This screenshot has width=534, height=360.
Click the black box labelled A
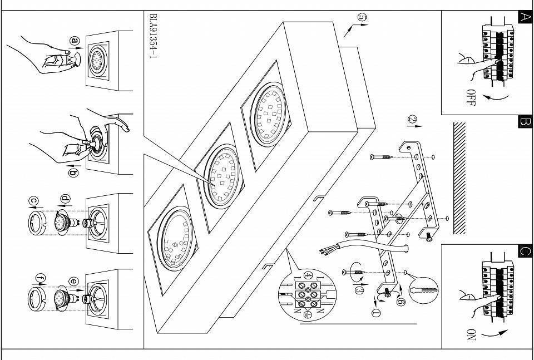click(524, 17)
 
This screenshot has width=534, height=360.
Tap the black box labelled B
click(524, 121)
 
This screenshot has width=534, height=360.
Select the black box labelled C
click(524, 250)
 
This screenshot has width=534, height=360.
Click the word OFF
click(471, 97)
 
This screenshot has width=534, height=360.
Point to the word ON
click(471, 335)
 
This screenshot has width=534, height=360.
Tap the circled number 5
click(362, 18)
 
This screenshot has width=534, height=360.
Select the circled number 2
click(412, 120)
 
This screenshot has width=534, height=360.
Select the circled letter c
click(33, 199)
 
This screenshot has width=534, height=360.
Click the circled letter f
click(39, 277)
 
